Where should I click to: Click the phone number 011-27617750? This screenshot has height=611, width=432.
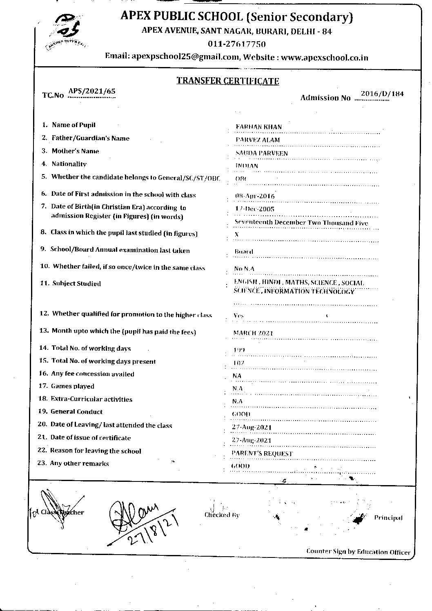point(237,44)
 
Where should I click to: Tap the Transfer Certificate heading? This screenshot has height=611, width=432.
point(228,81)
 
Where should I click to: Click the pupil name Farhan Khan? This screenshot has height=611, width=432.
point(259,127)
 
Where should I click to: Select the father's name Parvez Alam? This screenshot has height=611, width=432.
point(258,140)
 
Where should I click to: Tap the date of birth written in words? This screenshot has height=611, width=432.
point(301,223)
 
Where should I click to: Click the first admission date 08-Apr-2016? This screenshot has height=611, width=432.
point(255,196)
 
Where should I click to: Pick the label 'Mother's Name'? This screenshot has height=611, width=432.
point(75,151)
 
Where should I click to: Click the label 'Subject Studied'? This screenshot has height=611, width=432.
point(76,284)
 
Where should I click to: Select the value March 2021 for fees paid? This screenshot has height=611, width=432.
point(253,333)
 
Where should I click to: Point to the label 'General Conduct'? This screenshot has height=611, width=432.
point(76,412)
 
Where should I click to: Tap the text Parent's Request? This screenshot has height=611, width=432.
point(262,454)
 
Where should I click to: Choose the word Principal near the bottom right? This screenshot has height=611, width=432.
point(388,518)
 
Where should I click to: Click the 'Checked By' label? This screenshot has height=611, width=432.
point(222,515)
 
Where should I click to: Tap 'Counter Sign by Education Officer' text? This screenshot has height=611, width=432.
point(358,552)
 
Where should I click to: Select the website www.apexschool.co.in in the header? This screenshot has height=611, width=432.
point(324,58)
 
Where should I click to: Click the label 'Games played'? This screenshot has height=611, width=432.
point(73,386)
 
